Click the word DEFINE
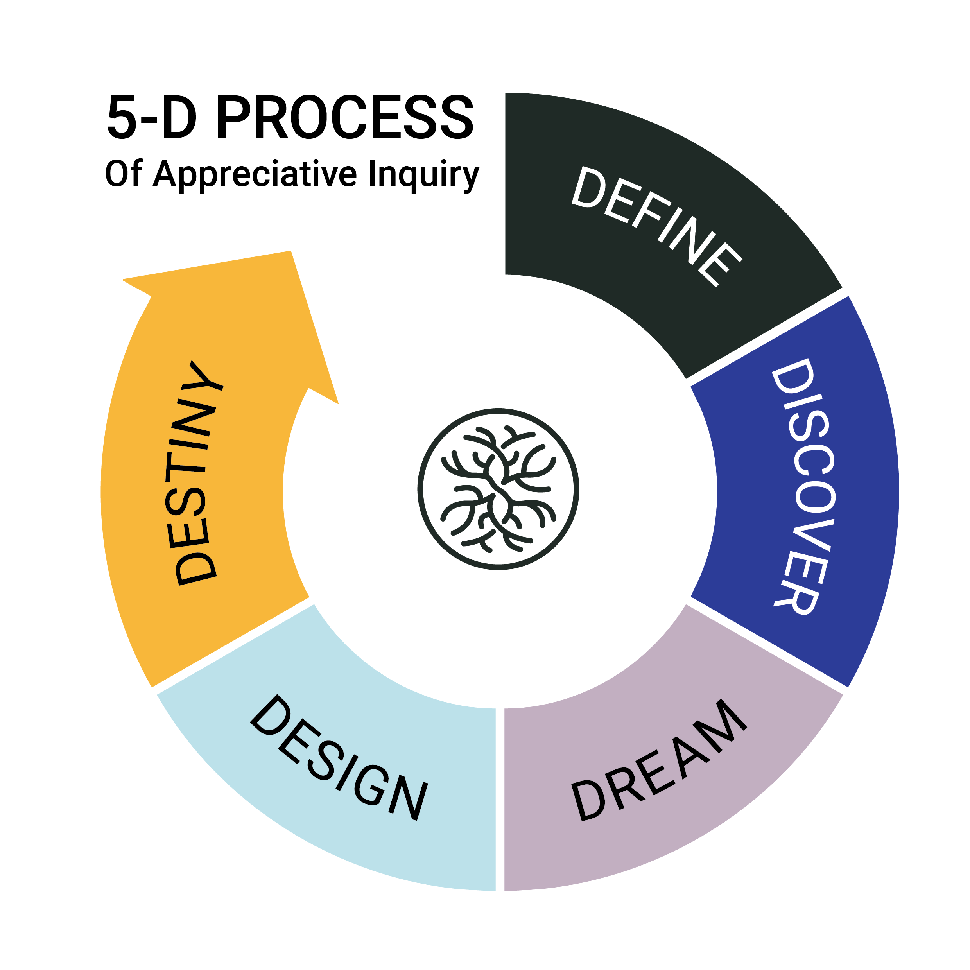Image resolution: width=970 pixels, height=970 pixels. tap(655, 226)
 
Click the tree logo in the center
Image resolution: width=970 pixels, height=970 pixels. tap(498, 489)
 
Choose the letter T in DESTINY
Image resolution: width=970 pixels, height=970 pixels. tap(186, 467)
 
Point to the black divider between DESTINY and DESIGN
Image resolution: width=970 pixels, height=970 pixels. tap(233, 644)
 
